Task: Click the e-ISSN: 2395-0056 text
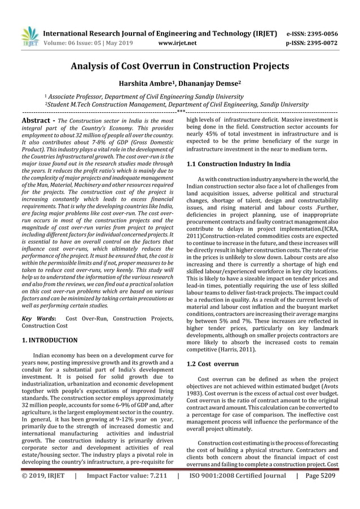[x=313, y=33]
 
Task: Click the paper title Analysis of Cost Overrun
[x=179, y=66]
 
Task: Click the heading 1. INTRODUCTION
[x=49, y=340]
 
